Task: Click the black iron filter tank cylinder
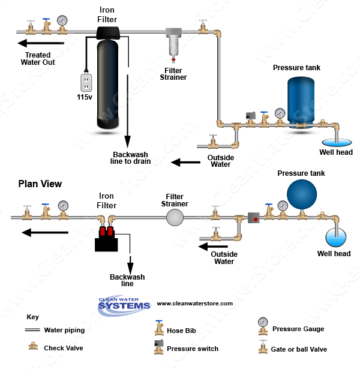pos(110,84)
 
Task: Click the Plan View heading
pos(40,184)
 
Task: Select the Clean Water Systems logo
pos(124,304)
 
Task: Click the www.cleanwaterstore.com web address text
pos(194,304)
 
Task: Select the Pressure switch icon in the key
pos(159,347)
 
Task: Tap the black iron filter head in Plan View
pos(106,239)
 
